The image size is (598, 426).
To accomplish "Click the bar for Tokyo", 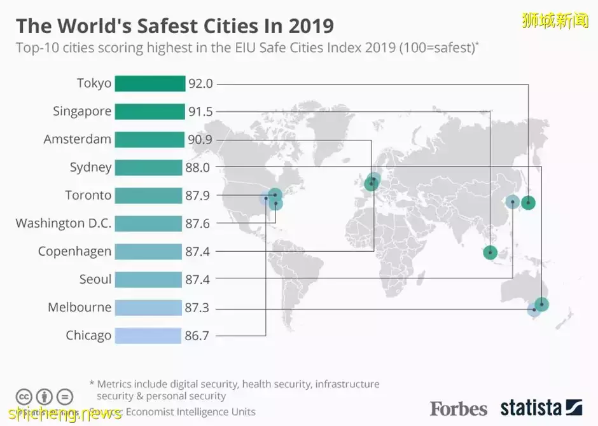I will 149,83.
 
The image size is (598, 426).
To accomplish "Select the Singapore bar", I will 149,111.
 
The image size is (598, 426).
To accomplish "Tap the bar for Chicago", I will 148,335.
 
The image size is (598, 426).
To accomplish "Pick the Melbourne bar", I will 148,308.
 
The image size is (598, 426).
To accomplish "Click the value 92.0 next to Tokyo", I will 200,83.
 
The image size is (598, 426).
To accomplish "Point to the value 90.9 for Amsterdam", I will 200,139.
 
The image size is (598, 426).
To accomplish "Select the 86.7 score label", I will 197,336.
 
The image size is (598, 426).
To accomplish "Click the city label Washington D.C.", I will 64,223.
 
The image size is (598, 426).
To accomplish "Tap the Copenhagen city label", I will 74,251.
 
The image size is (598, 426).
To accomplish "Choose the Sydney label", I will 90,167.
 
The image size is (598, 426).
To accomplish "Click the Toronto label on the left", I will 88,195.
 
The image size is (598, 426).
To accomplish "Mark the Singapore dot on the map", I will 490,252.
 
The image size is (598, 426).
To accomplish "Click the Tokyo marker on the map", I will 528,203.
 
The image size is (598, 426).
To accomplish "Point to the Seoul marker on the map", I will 512,203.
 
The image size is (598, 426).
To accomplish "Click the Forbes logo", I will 458,408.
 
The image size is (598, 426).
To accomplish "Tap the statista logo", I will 541,408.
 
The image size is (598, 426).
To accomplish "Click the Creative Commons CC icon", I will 24,395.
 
